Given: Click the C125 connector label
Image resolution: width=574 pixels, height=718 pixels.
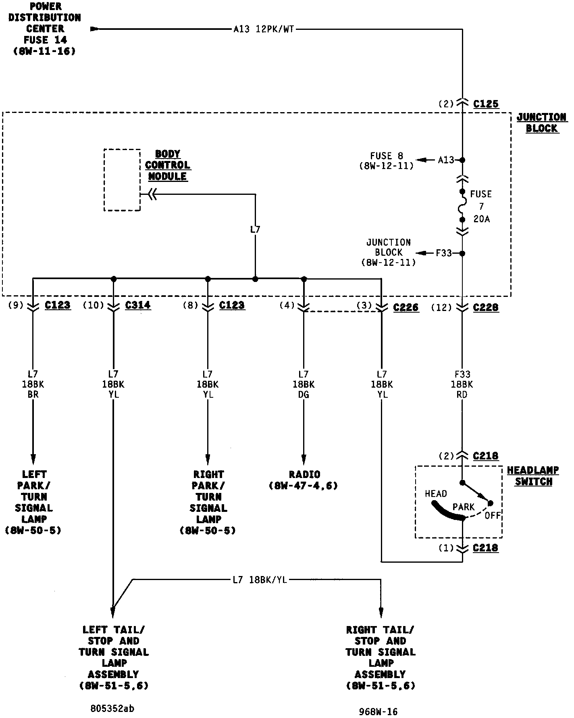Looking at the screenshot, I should point(486,104).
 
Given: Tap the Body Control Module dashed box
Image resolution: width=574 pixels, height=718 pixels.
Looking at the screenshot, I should point(122,180).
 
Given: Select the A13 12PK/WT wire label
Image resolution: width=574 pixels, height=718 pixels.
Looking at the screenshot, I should point(264,29).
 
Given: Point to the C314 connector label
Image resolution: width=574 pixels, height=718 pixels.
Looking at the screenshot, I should point(138,305).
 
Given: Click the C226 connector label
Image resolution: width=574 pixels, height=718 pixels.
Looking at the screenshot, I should point(406,307).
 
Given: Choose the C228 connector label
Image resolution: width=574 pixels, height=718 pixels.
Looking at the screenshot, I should point(486,307).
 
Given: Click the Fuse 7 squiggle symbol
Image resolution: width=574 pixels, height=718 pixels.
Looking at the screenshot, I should point(462,206).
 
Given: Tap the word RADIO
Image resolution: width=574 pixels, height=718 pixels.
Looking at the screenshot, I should point(304,474).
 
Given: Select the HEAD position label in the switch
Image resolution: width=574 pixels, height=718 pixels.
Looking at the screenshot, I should point(436,494).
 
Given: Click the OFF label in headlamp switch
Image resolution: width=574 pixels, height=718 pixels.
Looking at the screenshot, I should point(493,516).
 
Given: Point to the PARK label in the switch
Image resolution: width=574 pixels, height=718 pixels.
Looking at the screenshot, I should point(464,507).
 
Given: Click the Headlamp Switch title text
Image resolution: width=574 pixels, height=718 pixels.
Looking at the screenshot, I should point(533,476).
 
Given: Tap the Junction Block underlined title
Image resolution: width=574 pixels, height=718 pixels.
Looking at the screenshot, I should point(542,123).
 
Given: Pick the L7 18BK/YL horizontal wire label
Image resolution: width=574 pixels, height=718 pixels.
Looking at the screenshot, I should point(260,580).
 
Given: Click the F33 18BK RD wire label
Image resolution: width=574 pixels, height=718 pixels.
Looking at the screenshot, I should point(462,384).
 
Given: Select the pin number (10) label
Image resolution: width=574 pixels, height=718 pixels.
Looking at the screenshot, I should point(93,305).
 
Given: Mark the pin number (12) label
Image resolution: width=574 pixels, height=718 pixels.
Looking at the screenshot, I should point(441,308).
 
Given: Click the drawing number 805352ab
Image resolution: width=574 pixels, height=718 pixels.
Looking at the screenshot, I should point(113,709).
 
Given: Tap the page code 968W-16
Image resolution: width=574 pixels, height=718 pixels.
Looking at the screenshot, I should point(378,712).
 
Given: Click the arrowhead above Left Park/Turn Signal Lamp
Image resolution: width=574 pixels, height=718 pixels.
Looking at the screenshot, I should point(33,459).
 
